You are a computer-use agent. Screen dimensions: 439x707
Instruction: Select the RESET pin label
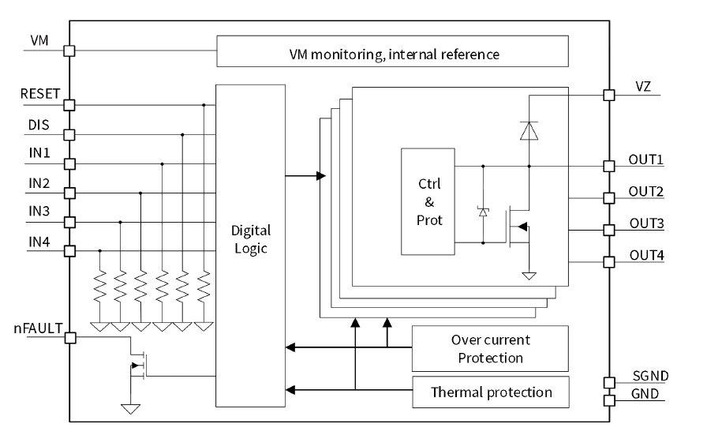[x=40, y=94]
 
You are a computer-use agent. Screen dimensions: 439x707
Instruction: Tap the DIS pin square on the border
[x=69, y=135]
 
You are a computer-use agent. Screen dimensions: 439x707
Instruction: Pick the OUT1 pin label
[x=645, y=159]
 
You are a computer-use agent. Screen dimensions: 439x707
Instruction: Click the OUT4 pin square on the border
[x=608, y=261]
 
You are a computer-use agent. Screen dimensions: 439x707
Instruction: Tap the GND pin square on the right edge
[x=608, y=400]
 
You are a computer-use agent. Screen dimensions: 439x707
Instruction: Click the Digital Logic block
[x=250, y=240]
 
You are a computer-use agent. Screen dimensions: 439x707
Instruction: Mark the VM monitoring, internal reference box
[x=392, y=53]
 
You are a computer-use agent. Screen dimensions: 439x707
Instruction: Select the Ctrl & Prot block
[x=428, y=201]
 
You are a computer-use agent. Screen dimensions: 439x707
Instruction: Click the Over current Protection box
[x=490, y=349]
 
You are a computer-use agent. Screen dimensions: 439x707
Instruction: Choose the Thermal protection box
[x=490, y=392]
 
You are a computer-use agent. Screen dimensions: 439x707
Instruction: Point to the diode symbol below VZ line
[x=529, y=131]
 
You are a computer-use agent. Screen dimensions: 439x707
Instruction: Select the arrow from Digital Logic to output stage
[x=305, y=175]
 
